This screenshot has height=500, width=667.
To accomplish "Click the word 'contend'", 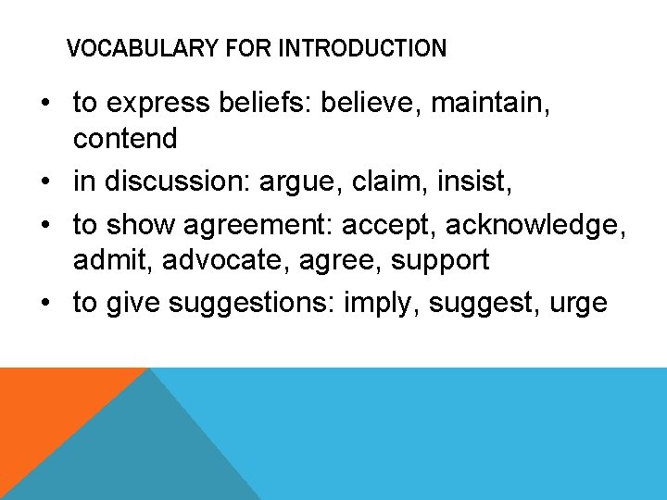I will pos(125,139).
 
